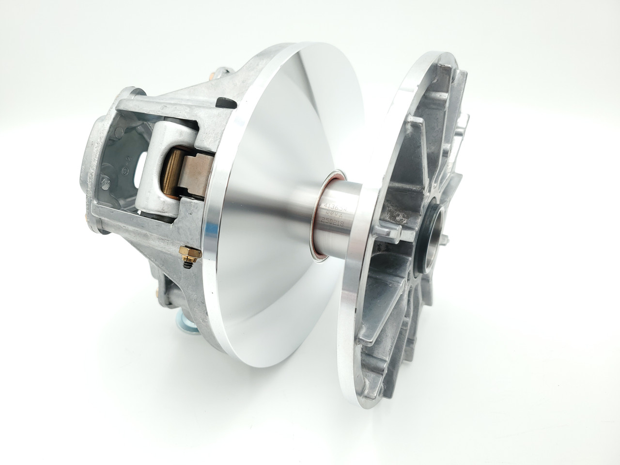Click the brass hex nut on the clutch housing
pos(185,252)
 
